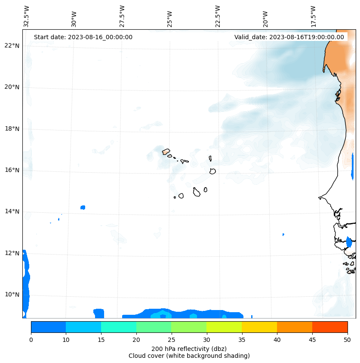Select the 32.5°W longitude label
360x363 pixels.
pyautogui.click(x=27, y=17)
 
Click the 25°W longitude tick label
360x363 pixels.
pyautogui.click(x=170, y=17)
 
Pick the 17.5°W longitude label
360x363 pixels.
pyautogui.click(x=313, y=17)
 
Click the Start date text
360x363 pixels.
pyautogui.click(x=83, y=37)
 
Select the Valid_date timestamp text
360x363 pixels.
pyautogui.click(x=289, y=37)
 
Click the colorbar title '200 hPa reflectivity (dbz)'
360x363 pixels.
pyautogui.click(x=189, y=348)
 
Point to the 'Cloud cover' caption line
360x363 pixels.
pyautogui.click(x=189, y=356)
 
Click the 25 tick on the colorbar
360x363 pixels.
pyautogui.click(x=171, y=340)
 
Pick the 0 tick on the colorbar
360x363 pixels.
pyautogui.click(x=31, y=340)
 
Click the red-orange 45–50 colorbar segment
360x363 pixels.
pyautogui.click(x=329, y=327)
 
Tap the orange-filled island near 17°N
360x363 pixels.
pyautogui.click(x=166, y=152)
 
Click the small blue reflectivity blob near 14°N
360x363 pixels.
pyautogui.click(x=83, y=208)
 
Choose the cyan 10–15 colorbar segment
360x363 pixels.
pyautogui.click(x=83, y=327)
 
